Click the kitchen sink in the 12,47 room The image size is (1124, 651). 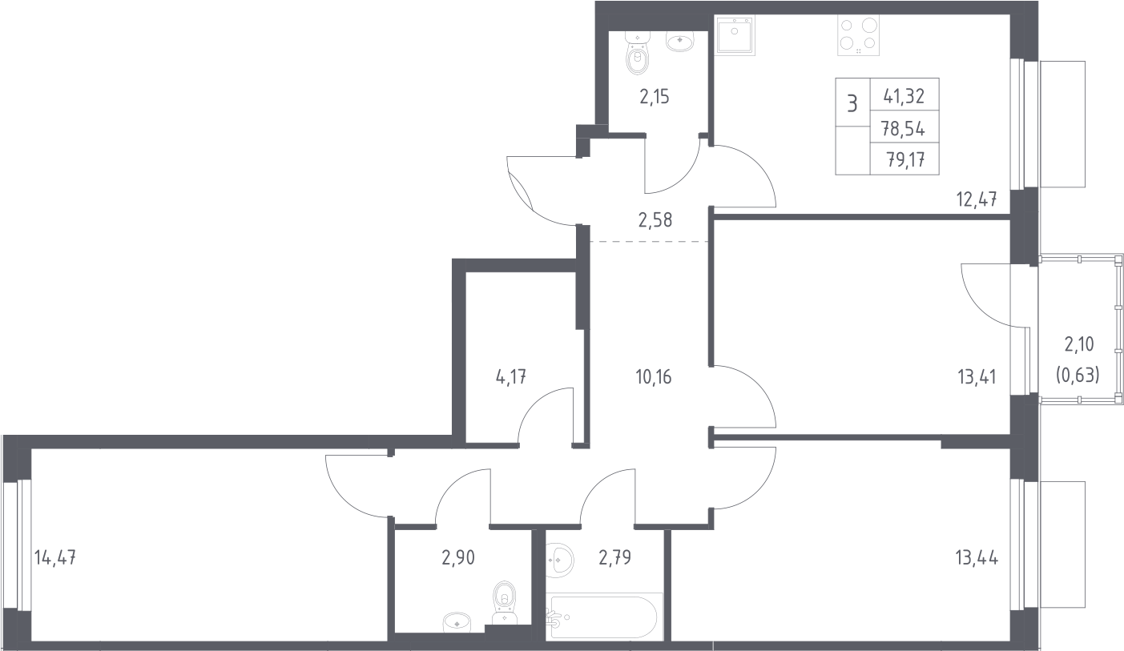[735, 34]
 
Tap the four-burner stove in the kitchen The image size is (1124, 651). [859, 34]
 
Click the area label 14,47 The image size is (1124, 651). [55, 557]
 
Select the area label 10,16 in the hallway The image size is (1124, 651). [653, 376]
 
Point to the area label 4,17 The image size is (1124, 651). [511, 376]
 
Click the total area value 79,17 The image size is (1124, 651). [906, 160]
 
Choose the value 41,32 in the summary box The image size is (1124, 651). [904, 96]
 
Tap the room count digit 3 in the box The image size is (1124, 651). [852, 104]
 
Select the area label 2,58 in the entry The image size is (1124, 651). [655, 220]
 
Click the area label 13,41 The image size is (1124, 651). [977, 376]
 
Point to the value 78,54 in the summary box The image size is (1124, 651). [903, 130]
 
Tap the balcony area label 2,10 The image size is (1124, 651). [1079, 344]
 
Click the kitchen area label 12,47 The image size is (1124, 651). [977, 199]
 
